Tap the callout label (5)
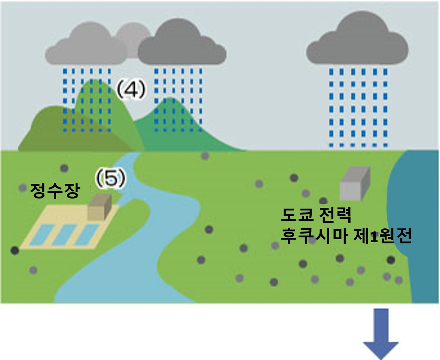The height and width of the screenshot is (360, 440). tap(110, 179)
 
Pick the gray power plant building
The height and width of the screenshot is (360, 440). tap(355, 184)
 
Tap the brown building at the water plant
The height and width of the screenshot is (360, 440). tap(100, 206)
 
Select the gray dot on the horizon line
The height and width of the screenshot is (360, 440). tap(205, 156)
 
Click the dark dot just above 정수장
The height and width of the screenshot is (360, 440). tap(64, 168)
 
